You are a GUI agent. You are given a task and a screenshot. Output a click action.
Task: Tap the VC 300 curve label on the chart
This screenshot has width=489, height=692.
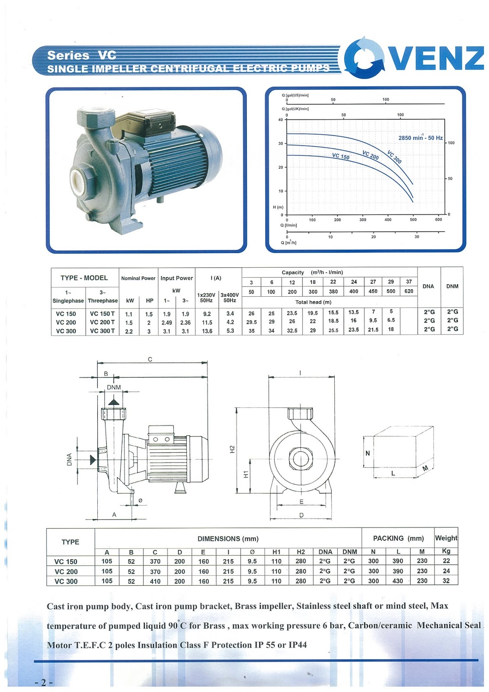click(x=394, y=157)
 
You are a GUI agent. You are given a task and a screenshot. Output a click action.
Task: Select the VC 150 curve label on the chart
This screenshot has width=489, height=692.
click(x=341, y=156)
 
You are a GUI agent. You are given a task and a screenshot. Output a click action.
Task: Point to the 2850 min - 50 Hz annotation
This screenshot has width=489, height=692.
click(x=420, y=138)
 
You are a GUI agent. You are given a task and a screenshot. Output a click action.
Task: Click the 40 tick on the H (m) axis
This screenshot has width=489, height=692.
click(x=281, y=120)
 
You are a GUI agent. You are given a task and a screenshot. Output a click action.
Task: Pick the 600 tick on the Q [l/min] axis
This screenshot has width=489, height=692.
click(x=438, y=220)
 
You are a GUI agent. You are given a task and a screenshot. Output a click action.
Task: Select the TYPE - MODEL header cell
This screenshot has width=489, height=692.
click(x=84, y=278)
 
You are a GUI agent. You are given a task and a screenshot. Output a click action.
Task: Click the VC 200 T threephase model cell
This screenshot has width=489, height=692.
click(x=102, y=322)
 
